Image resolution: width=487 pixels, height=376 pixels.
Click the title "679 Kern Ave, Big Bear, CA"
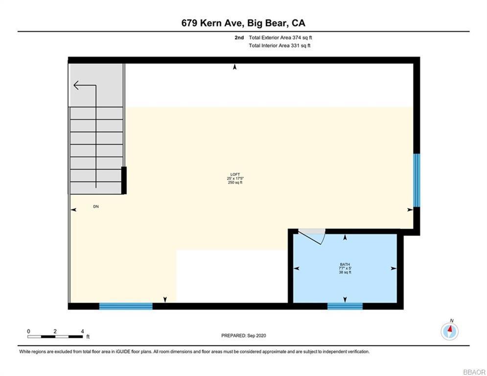[x=243, y=23]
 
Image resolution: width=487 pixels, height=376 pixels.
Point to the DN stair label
[x=96, y=207]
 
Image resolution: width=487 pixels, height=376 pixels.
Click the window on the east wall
[x=416, y=180]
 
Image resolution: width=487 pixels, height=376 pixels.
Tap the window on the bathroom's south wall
[x=345, y=306]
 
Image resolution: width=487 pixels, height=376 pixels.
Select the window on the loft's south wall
[x=126, y=306]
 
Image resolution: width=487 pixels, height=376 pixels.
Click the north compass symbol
[x=449, y=330]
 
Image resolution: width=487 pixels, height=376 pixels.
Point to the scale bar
[x=55, y=336]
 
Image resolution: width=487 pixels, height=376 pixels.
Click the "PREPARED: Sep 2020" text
[x=243, y=335]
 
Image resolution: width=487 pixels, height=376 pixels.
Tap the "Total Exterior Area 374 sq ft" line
[x=279, y=37]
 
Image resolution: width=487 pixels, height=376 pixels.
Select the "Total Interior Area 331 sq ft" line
[x=279, y=46]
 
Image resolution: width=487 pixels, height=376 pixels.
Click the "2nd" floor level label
[x=239, y=37]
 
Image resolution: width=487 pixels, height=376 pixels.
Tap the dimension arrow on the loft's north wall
[x=235, y=67]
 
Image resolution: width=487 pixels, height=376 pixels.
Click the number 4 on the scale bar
[x=82, y=331]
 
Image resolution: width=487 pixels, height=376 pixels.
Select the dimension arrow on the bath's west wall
[x=296, y=268]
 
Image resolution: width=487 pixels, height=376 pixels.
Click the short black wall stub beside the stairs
[x=124, y=180]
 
